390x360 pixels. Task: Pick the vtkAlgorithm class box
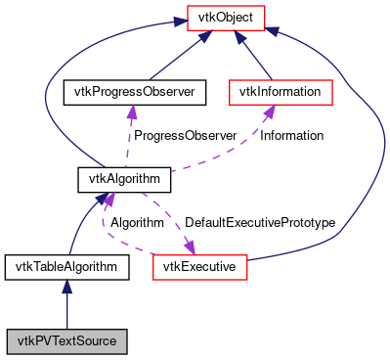124,180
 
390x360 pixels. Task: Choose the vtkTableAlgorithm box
66,266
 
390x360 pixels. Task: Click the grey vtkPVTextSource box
66,341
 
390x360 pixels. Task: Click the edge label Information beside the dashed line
291,136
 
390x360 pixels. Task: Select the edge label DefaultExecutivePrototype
260,223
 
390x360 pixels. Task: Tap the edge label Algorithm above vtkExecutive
136,223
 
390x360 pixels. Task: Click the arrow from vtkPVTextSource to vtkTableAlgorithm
66,303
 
